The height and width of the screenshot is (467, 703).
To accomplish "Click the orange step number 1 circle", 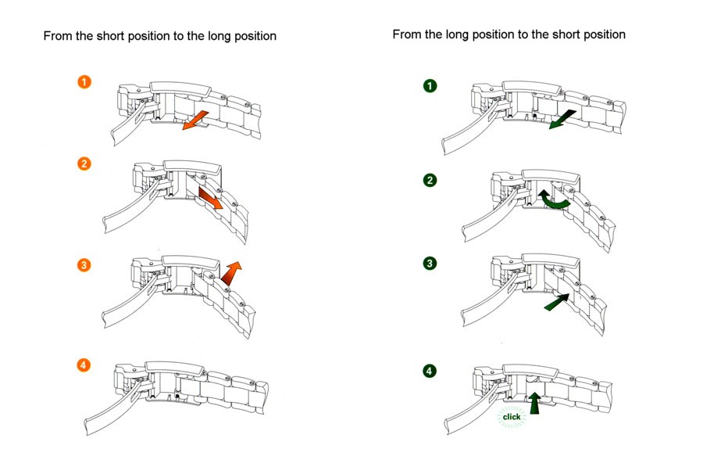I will (84, 81).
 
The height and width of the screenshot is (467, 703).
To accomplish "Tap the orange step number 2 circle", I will (84, 163).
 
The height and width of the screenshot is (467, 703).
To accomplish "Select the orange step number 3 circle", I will (84, 264).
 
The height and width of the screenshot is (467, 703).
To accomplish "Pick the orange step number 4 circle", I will (84, 365).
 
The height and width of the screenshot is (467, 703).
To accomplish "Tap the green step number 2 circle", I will (430, 181).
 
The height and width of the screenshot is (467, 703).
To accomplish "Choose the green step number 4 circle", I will (430, 371).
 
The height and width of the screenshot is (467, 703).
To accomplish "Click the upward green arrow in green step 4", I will (534, 403).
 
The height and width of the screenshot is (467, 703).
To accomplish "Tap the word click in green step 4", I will (512, 417).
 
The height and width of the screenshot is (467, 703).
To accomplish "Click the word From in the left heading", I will (58, 36).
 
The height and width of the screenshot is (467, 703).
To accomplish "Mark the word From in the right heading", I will (407, 34).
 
